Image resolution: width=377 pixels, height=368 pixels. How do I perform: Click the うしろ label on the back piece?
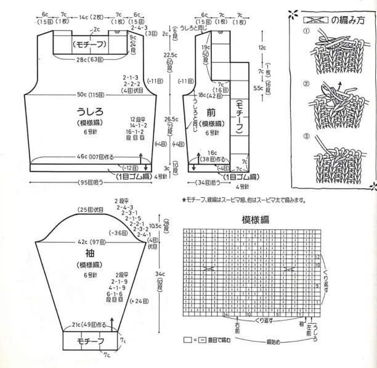click(x=89, y=111)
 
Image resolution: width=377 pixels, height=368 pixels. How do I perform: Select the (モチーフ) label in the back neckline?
click(x=91, y=44)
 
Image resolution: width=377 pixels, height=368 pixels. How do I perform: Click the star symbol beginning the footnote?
click(x=184, y=200)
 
